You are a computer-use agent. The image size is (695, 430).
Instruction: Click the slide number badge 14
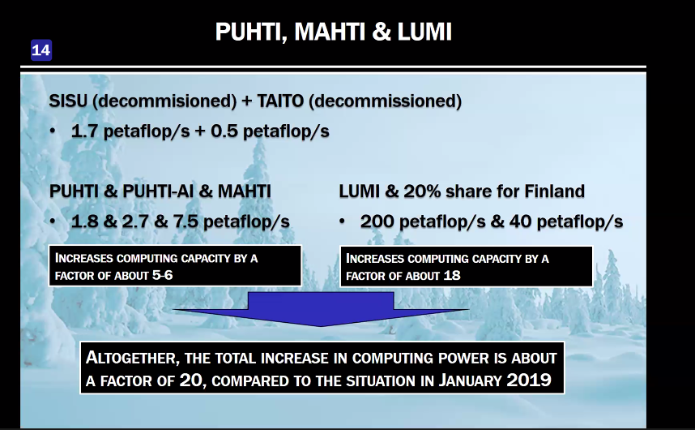click(x=41, y=50)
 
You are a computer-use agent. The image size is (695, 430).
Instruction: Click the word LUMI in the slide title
click(x=424, y=32)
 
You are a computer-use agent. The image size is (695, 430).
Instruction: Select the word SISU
click(x=68, y=101)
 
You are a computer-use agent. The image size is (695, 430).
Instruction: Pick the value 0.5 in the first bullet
click(x=224, y=131)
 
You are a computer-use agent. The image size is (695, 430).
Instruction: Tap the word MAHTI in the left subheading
click(x=245, y=191)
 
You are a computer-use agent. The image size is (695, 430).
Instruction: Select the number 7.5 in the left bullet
click(x=185, y=221)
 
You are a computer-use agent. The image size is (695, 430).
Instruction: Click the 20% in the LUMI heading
click(x=422, y=191)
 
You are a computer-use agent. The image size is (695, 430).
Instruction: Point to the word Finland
click(x=555, y=191)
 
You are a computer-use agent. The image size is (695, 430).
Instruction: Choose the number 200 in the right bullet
click(x=377, y=221)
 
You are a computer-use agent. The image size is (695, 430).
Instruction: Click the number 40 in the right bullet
click(x=520, y=221)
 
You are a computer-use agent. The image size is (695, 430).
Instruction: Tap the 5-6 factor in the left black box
click(x=162, y=276)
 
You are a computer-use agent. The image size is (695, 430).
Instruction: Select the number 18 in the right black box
click(x=452, y=276)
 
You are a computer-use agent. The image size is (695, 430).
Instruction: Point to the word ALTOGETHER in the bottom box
click(x=133, y=358)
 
